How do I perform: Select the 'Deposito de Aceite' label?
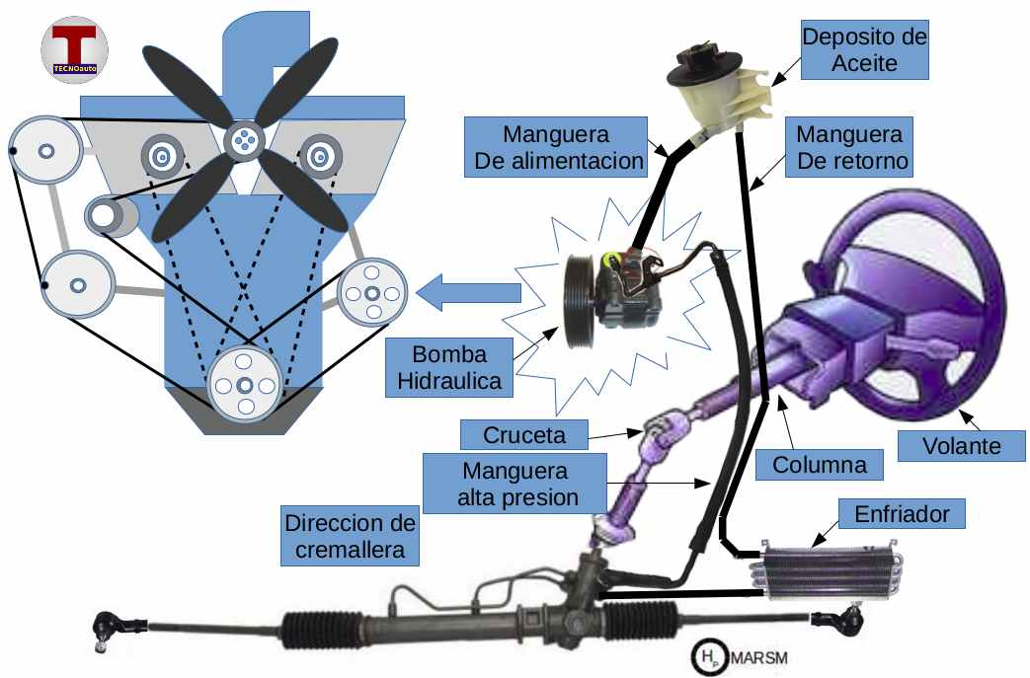point(864,51)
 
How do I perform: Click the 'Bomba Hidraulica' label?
point(450,367)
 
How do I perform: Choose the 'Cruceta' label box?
point(522,433)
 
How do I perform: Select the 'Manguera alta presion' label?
point(517,483)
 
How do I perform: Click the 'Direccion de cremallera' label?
point(350,536)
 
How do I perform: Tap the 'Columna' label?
point(814,463)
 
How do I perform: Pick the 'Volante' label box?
point(961,446)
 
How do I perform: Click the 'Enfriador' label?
point(901,514)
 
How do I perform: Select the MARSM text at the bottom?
point(760,655)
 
